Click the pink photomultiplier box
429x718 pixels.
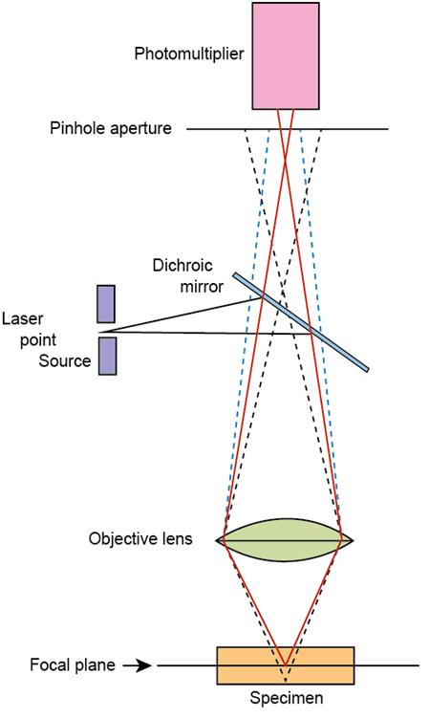coord(286,55)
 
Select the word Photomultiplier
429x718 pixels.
coord(189,54)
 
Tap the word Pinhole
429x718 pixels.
coord(77,128)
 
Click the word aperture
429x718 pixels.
coord(139,129)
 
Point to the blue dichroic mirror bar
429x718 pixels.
coord(301,322)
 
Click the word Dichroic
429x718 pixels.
coord(182,266)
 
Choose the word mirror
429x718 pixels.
coord(202,287)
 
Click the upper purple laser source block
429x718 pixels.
coord(106,304)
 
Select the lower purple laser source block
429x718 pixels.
coord(108,357)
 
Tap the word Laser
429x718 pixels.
coord(22,318)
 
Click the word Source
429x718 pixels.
coord(65,360)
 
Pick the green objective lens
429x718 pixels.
coord(285,540)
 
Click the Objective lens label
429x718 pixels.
coord(140,538)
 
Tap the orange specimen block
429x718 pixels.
coord(286,665)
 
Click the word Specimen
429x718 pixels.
coord(287,698)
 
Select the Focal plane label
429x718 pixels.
coord(73,664)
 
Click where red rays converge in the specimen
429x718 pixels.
coord(286,665)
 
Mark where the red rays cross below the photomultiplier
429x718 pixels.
coord(286,159)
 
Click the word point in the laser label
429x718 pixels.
coord(38,340)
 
